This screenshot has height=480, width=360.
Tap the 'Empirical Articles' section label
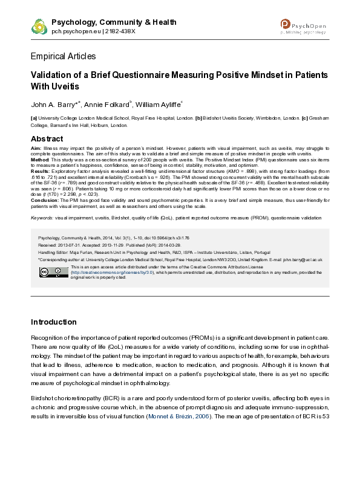pos(63,56)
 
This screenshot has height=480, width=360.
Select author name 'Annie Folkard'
pos(114,104)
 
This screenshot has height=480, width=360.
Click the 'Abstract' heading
pos(47,138)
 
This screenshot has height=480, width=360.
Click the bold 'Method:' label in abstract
pos(41,160)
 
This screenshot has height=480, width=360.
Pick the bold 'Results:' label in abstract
pos(41,171)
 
